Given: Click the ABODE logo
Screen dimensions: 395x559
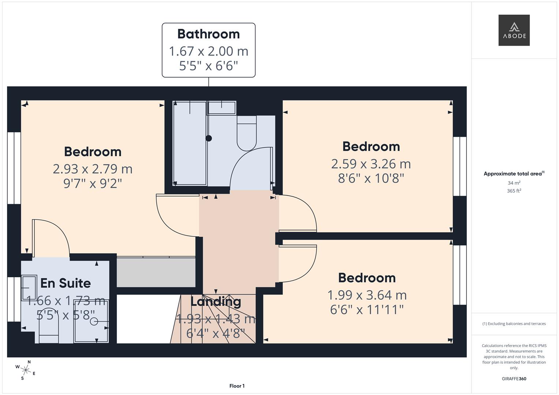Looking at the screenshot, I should (514, 30).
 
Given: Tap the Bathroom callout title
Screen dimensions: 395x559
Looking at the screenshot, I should (208, 34).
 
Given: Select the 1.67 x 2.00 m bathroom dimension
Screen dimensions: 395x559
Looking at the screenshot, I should (208, 51).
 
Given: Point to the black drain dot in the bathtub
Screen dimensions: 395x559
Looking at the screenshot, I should (209, 138).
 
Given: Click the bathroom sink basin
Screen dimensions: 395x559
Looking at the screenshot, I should (222, 108).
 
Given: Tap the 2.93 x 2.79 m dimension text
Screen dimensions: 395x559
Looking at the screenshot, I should (93, 169).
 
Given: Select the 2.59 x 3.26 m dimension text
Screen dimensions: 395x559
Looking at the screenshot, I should (371, 164).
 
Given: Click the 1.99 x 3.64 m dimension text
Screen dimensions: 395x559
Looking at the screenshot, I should (367, 295).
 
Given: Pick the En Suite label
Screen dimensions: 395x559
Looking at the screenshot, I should (66, 283).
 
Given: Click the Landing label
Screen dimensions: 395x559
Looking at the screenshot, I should (216, 302).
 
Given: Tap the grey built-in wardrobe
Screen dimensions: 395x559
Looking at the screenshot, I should (156, 272).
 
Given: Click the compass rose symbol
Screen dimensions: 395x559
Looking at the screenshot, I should (25, 370).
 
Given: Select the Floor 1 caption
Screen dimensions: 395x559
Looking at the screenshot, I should (237, 386).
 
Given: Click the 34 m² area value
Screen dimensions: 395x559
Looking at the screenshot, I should (514, 183).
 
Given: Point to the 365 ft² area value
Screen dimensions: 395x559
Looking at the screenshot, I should (514, 191).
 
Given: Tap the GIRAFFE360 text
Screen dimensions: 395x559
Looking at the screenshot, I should (514, 379).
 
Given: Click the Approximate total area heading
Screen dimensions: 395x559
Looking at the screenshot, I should (514, 174).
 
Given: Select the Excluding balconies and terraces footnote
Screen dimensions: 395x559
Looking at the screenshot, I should (514, 324).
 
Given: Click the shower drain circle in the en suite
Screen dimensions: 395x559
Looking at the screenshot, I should (94, 321).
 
